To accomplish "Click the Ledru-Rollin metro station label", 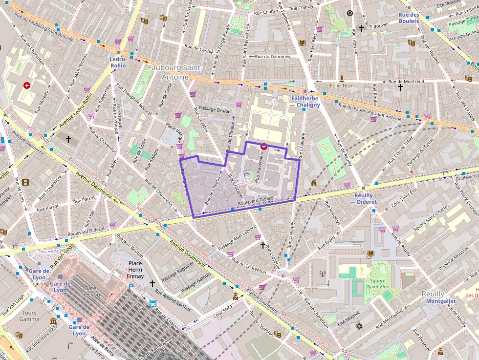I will (x=118, y=62).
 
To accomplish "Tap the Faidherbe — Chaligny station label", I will (x=305, y=102).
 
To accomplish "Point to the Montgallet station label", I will (x=440, y=301).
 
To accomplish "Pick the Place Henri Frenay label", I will (x=135, y=270).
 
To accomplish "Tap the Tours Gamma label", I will (x=29, y=316).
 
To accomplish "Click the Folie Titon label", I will (x=342, y=85).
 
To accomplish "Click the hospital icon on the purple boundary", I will (x=263, y=146).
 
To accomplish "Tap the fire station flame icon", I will (x=313, y=183).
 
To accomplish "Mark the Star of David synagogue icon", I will (x=360, y=326).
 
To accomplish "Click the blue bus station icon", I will (x=153, y=303).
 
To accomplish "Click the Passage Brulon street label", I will (x=215, y=110).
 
